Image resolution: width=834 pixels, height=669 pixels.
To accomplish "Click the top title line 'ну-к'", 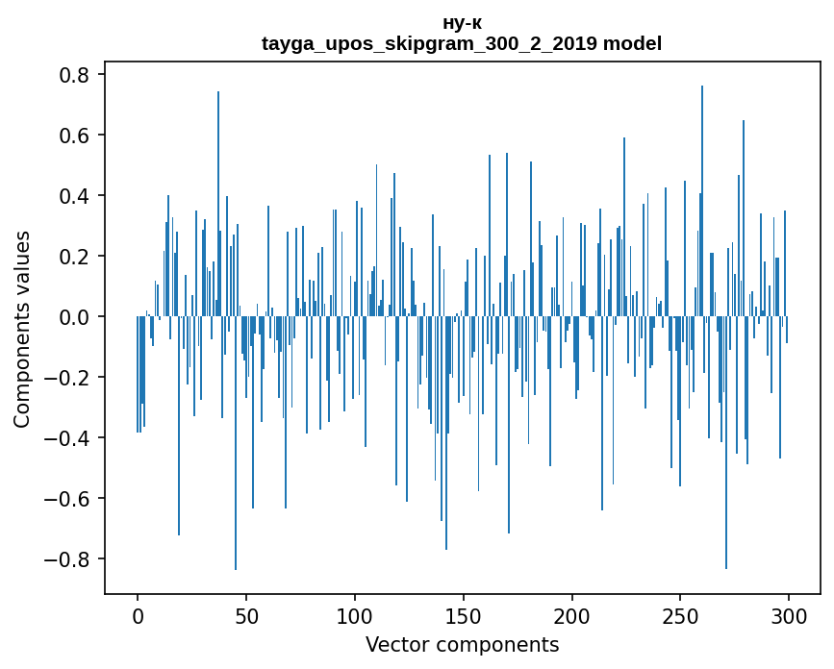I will pyautogui.click(x=462, y=24).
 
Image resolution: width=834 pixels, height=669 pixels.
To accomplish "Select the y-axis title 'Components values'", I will pyautogui.click(x=22, y=329).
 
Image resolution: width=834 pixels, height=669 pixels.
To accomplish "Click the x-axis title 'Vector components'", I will pyautogui.click(x=462, y=644).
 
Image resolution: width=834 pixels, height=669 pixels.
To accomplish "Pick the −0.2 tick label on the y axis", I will pyautogui.click(x=70, y=378).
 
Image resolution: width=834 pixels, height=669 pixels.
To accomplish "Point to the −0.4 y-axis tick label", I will pyautogui.click(x=70, y=438).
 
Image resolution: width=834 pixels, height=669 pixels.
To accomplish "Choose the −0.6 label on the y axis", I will pyautogui.click(x=70, y=499).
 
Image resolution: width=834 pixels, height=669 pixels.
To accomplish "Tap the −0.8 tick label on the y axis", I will pyautogui.click(x=70, y=559).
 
